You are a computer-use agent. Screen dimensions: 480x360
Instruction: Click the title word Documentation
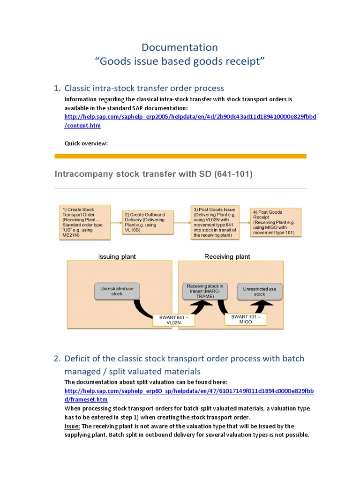[x=180, y=47]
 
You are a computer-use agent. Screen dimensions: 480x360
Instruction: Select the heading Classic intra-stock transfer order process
[x=144, y=88]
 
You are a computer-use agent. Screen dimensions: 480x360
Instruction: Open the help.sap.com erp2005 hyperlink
[x=190, y=117]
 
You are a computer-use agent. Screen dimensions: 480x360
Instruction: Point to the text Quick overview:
[x=86, y=143]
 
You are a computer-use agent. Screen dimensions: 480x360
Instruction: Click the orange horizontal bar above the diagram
[x=180, y=156]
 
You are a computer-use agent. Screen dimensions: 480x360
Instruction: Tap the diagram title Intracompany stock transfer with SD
[x=154, y=174]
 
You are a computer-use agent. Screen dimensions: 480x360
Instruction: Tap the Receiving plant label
[x=227, y=256]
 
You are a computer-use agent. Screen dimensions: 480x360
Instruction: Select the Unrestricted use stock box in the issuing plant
[x=117, y=291]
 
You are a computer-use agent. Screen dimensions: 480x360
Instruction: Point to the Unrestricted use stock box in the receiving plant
[x=259, y=291]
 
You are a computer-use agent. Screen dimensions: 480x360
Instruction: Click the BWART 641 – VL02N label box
[x=173, y=321]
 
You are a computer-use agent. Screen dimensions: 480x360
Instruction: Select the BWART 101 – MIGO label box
[x=248, y=319]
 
